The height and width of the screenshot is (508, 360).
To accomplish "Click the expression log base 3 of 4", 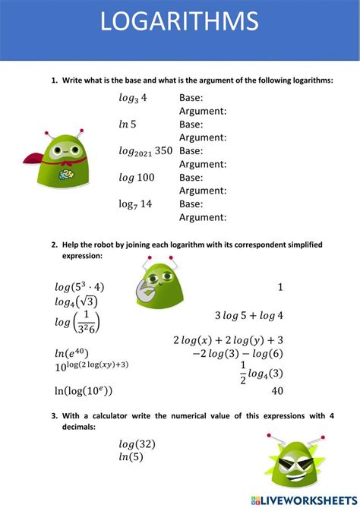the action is pyautogui.click(x=133, y=98).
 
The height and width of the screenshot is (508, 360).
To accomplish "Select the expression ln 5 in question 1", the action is pyautogui.click(x=128, y=124).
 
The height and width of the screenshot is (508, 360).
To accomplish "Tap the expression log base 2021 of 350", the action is pyautogui.click(x=146, y=151).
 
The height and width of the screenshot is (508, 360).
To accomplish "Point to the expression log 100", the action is pyautogui.click(x=136, y=177).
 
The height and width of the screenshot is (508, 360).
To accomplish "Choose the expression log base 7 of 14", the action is pyautogui.click(x=136, y=204).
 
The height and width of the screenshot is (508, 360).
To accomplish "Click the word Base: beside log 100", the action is pyautogui.click(x=191, y=177).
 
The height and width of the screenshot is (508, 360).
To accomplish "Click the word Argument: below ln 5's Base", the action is pyautogui.click(x=203, y=137).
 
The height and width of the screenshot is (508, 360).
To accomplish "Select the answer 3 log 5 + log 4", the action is pyautogui.click(x=248, y=315).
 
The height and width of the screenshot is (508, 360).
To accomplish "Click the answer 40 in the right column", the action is pyautogui.click(x=277, y=390).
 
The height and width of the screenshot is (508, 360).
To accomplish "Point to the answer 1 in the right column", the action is pyautogui.click(x=280, y=287).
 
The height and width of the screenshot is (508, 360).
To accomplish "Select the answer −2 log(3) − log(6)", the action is pyautogui.click(x=237, y=353).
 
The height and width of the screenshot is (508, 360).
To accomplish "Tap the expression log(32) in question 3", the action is pyautogui.click(x=137, y=443).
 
